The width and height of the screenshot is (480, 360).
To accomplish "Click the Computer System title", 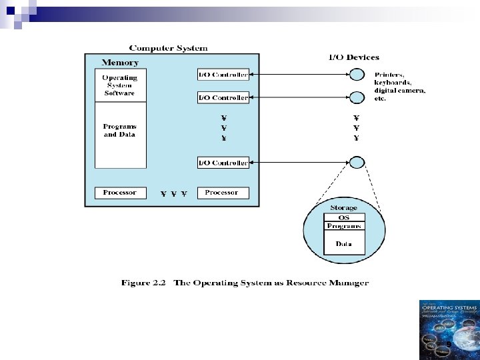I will point(168,48).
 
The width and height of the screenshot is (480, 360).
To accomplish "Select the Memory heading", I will point(120,63).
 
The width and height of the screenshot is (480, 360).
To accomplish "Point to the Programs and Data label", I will point(119,130).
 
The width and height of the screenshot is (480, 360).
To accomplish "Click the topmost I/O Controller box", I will point(223,75).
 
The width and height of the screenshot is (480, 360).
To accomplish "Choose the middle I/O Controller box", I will point(223,97).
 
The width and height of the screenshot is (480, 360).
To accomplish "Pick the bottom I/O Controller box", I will point(223,162).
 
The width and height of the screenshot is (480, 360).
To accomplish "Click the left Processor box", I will point(119,193).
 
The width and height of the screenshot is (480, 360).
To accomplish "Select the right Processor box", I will point(221,193).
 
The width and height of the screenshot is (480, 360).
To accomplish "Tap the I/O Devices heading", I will point(353,58).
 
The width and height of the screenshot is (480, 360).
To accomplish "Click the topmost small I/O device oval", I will point(358,74).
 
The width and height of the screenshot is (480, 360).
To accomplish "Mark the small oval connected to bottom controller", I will point(358,162).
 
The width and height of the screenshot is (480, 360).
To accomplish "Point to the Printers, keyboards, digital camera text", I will point(399,86).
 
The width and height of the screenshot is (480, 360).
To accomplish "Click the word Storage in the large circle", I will point(344,208).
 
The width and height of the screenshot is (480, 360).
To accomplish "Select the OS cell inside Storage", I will point(344,217).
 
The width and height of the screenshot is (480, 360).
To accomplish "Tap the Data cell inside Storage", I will point(344,243).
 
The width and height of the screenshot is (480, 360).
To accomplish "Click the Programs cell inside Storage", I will point(344,226).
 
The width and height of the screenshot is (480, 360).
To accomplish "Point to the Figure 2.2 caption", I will point(245,283).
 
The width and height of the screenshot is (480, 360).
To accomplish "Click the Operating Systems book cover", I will point(449,329).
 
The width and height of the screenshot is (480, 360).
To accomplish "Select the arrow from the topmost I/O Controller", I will point(300,75).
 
